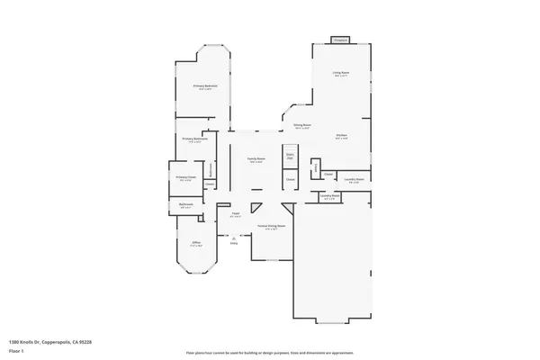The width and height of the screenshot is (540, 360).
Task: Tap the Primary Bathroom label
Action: (195, 139)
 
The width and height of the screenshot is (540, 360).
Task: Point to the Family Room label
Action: (256, 160)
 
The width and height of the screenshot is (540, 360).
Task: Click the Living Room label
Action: (340, 72)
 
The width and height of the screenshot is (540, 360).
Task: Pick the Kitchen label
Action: (342, 136)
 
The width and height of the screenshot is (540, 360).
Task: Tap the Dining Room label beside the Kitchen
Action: (302, 126)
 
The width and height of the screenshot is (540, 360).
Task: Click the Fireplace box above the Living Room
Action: (340, 40)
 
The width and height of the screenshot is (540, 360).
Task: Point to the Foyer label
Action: (236, 215)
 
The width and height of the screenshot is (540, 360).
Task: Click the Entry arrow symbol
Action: (234, 236)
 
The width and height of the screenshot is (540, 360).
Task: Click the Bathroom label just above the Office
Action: (186, 206)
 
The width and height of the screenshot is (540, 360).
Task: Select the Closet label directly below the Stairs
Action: (290, 180)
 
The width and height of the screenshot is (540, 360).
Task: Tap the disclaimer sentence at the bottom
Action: (269, 354)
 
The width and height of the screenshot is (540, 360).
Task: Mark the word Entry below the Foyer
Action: (234, 243)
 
